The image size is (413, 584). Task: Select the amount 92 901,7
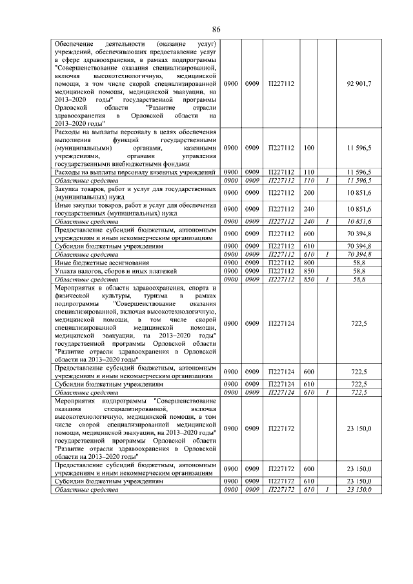359,85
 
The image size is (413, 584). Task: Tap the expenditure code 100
308,148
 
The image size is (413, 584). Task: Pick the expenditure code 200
308,192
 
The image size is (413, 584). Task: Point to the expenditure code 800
308,263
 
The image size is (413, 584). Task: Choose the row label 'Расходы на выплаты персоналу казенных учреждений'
135,172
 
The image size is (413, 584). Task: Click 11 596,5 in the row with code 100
359,148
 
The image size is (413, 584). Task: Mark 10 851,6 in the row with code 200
359,192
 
